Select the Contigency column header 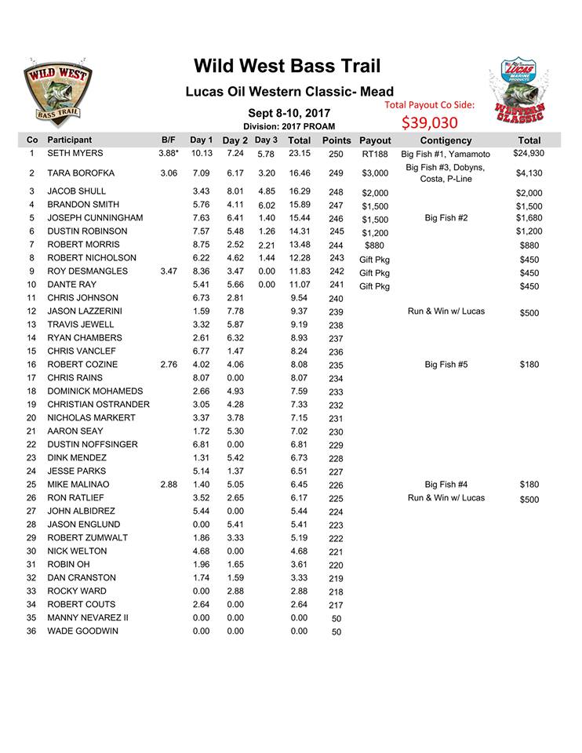[446, 140]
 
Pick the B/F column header [168, 140]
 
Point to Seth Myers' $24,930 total [529, 153]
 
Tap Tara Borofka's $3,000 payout [375, 173]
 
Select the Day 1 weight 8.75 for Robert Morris [202, 245]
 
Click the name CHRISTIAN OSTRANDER [99, 404]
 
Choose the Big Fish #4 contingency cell [446, 485]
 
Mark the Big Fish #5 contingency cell [446, 365]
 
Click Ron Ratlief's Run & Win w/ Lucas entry [446, 498]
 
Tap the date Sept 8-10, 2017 [289, 113]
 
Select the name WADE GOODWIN [83, 631]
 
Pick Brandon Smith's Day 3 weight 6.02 [267, 206]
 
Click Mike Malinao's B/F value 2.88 [169, 485]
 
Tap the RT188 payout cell [375, 155]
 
